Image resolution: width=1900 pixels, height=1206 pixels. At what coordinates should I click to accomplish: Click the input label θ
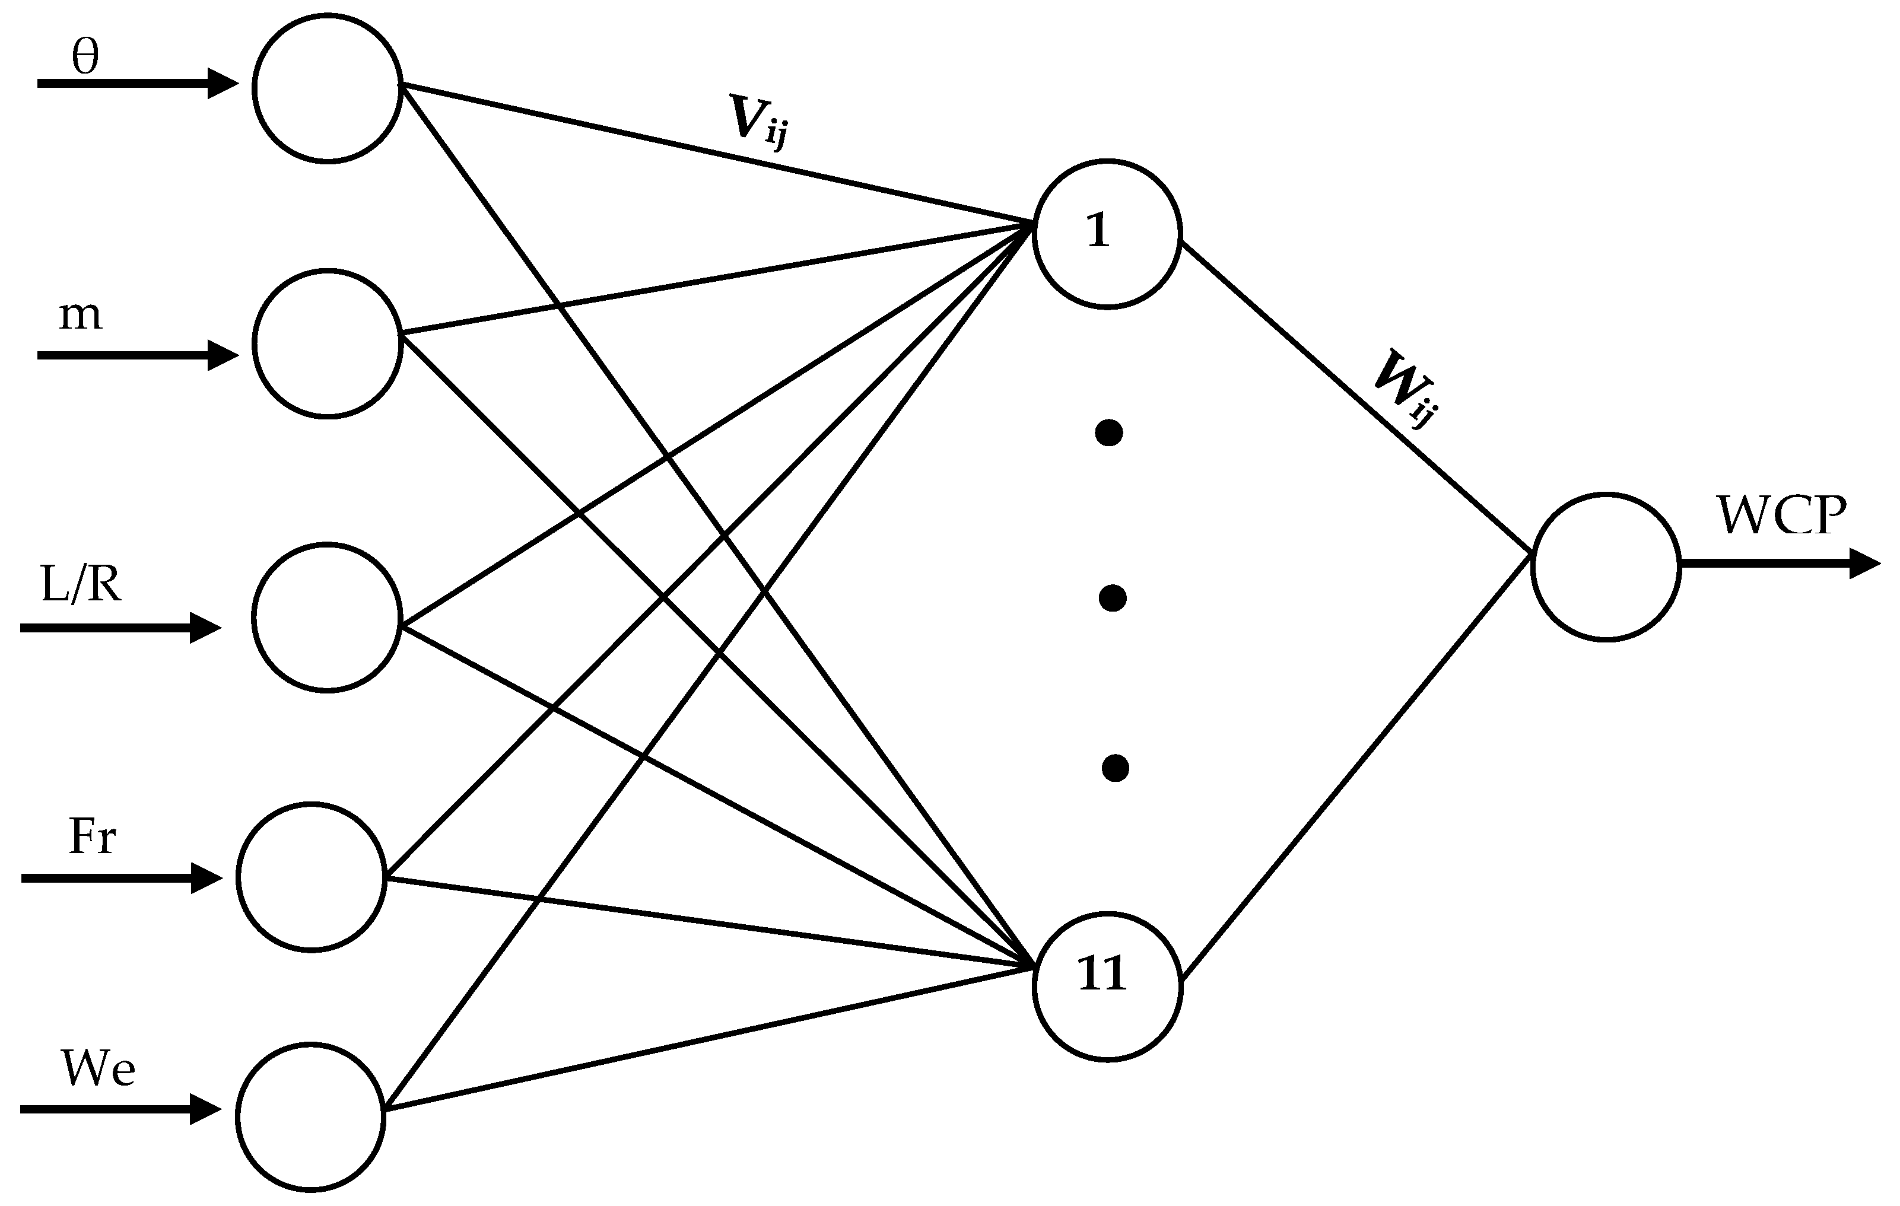(x=85, y=58)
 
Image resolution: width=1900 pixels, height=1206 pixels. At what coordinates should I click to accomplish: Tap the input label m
(x=81, y=316)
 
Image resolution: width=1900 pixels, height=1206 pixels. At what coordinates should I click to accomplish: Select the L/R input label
(x=81, y=586)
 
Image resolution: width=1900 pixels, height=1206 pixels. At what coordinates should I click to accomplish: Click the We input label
(x=98, y=1070)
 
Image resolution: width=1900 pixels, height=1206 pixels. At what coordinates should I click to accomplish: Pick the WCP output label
(x=1782, y=517)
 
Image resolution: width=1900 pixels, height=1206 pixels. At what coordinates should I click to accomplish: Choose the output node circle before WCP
(x=1605, y=567)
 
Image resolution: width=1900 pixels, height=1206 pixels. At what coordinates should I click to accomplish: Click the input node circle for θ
(x=328, y=88)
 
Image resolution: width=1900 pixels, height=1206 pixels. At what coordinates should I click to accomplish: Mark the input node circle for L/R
(x=328, y=617)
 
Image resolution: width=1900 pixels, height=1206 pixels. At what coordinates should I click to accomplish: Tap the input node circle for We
(x=311, y=1116)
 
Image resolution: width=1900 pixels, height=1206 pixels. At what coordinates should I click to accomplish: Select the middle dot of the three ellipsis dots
(x=1112, y=598)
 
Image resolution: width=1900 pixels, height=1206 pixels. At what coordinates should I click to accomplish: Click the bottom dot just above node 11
(x=1114, y=768)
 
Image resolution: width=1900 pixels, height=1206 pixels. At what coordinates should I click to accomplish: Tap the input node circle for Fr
(x=311, y=877)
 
